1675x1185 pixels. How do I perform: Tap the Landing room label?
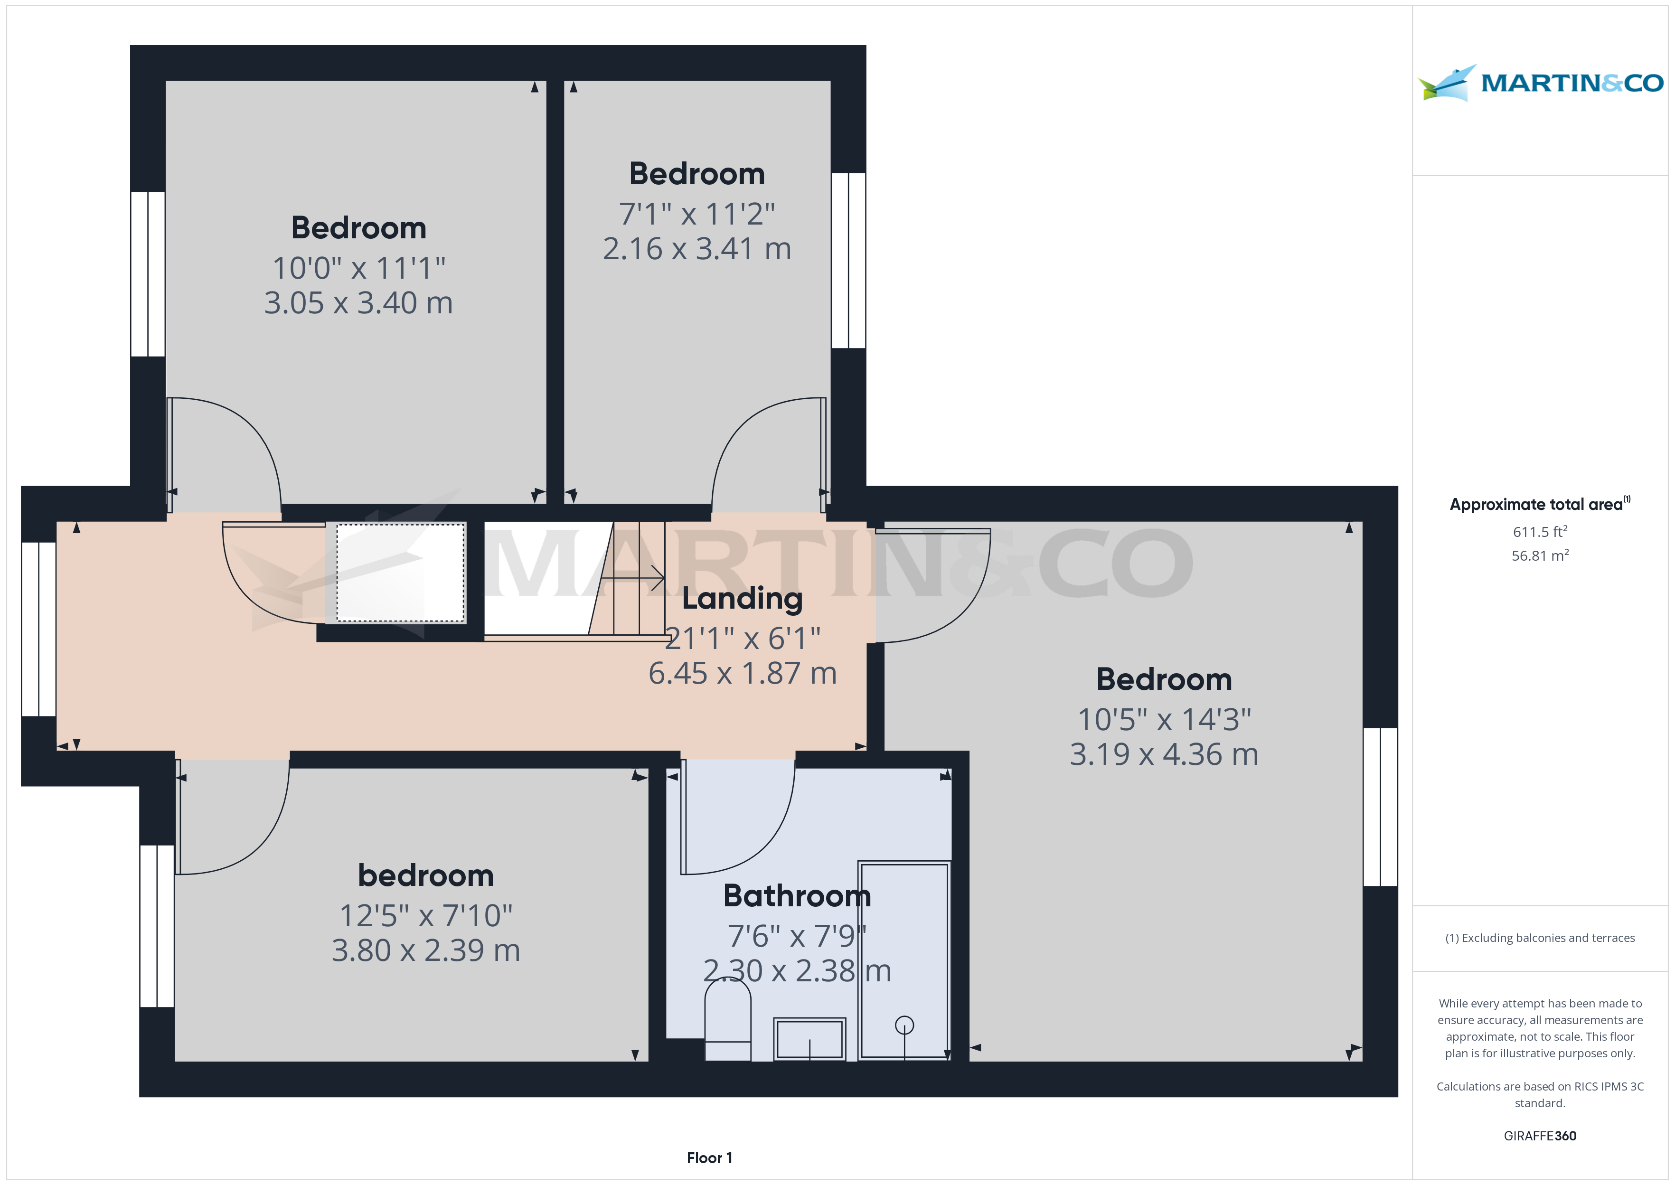(x=742, y=598)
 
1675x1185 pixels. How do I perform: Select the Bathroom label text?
(x=797, y=895)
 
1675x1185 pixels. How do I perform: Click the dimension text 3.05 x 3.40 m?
(x=358, y=303)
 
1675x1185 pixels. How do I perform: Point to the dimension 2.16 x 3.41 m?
(x=696, y=249)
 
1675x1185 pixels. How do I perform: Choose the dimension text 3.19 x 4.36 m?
(x=1164, y=754)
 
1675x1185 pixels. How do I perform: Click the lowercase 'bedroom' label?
(x=426, y=875)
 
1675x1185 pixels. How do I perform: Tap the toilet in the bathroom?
(x=727, y=1019)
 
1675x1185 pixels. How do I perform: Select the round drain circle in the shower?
(x=904, y=1025)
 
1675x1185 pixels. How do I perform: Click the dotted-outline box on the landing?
(x=401, y=573)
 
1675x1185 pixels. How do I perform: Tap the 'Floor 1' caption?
(x=709, y=1158)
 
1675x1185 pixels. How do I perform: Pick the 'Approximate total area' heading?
(x=1539, y=504)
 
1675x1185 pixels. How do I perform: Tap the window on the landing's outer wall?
(x=38, y=629)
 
